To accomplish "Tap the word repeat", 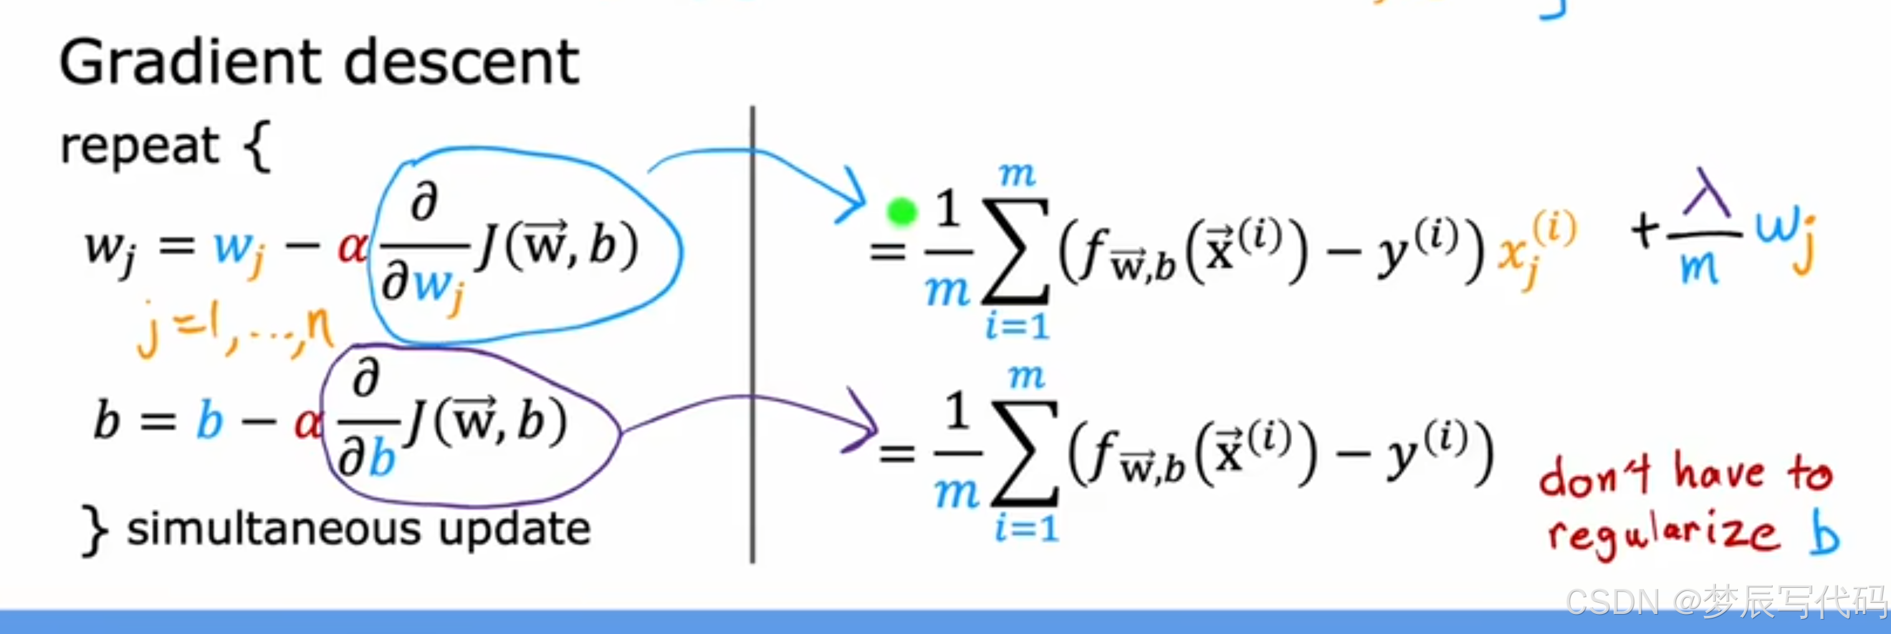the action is click(x=140, y=145).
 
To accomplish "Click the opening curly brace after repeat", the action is click(x=257, y=147).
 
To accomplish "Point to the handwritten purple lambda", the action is click(x=1706, y=195).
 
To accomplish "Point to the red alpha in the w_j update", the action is click(x=352, y=248).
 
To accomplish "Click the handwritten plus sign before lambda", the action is click(x=1645, y=229).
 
